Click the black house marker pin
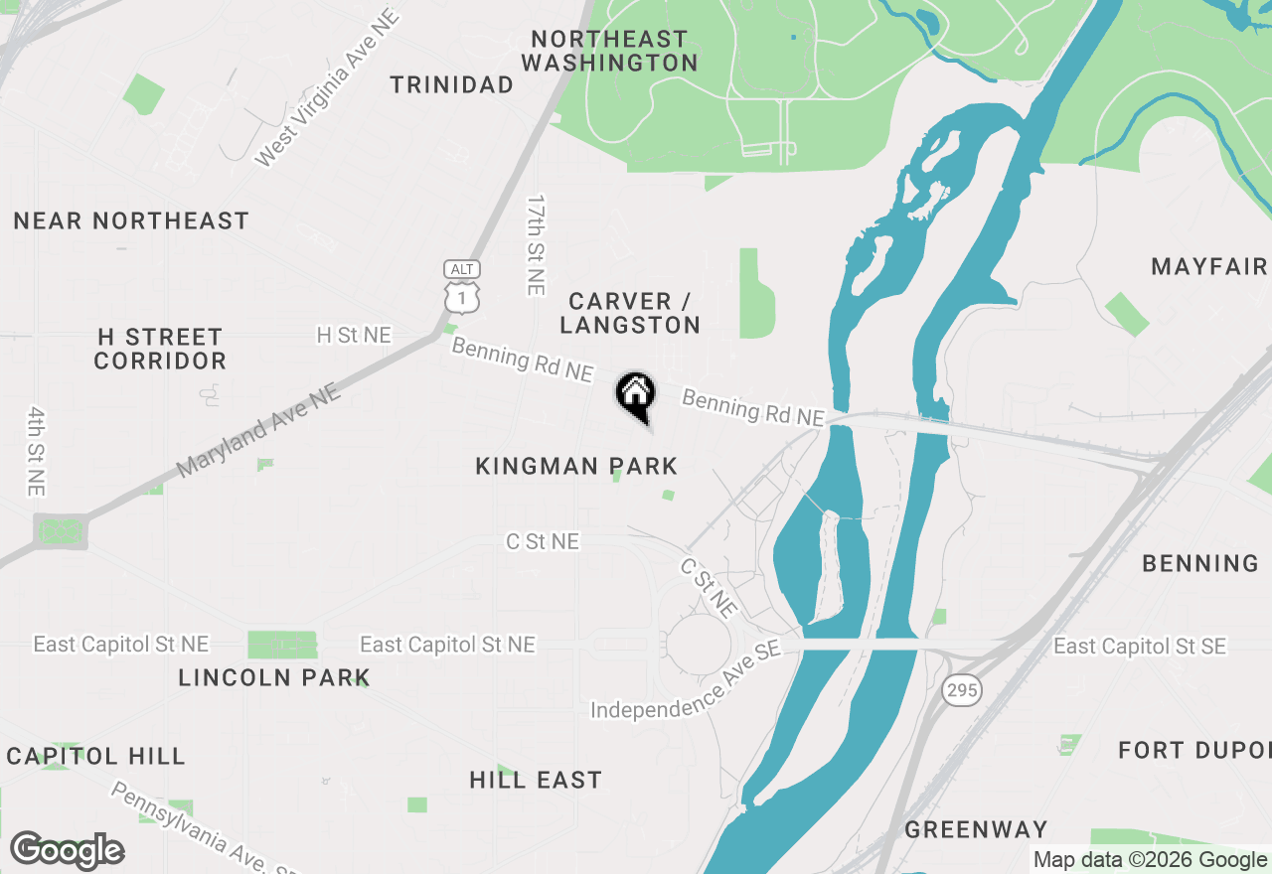(636, 395)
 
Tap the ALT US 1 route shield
(463, 286)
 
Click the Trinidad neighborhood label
(452, 85)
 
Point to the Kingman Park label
(576, 466)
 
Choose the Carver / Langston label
(630, 313)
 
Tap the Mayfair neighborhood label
(1209, 266)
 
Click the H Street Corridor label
(160, 349)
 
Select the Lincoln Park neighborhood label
(274, 678)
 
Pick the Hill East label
(536, 781)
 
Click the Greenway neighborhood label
(977, 829)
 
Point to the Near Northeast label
(131, 220)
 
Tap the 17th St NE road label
(537, 244)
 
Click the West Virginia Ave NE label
(328, 87)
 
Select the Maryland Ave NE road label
(258, 430)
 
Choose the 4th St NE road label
(37, 451)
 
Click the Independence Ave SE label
(687, 684)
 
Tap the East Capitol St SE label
(1140, 647)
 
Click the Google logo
(68, 851)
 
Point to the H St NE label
(354, 336)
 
